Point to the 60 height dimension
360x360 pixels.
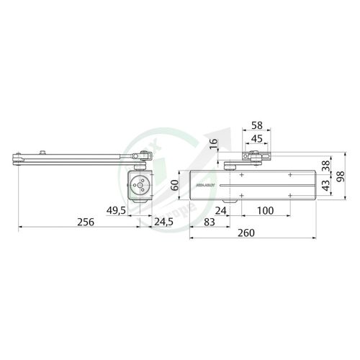(174, 185)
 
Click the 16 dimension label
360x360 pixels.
(213, 144)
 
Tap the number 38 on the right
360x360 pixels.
(326, 164)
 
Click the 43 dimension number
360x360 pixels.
(326, 184)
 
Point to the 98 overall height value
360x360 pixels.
(339, 177)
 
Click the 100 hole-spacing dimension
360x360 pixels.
(265, 210)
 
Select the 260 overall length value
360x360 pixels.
(246, 234)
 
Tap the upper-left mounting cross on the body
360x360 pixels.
(242, 175)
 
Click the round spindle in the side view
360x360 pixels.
(139, 185)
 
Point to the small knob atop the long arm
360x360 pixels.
(45, 151)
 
